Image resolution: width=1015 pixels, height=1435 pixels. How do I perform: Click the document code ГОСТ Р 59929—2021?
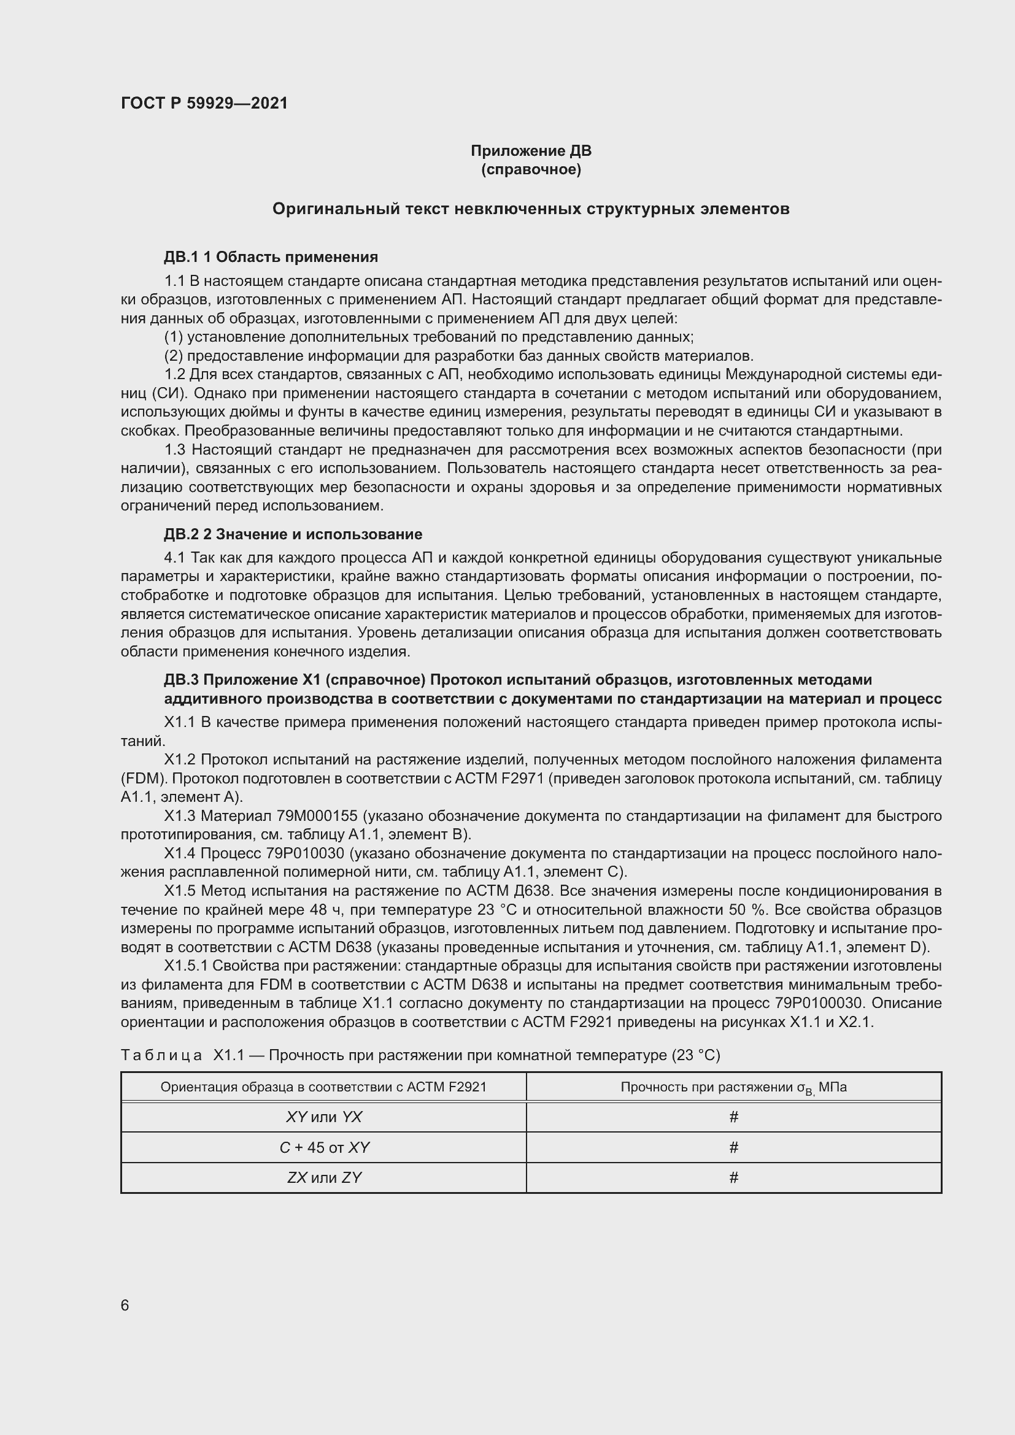click(x=204, y=104)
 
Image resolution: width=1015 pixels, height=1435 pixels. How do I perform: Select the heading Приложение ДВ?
click(x=531, y=151)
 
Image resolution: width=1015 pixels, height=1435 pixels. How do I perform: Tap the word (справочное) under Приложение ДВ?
click(x=531, y=170)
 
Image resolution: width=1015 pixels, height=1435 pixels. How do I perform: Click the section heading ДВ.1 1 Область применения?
click(x=271, y=257)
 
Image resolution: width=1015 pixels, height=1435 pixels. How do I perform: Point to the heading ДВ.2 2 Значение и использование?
click(x=293, y=534)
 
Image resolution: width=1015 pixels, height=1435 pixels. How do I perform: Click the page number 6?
click(x=125, y=1305)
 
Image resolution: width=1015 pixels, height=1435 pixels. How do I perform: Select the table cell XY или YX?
click(x=323, y=1117)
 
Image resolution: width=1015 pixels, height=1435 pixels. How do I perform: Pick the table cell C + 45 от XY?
click(x=323, y=1147)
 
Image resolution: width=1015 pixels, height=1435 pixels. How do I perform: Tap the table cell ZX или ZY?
click(x=323, y=1177)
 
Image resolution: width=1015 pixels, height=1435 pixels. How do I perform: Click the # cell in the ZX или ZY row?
click(x=734, y=1177)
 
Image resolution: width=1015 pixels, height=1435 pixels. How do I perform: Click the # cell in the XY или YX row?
click(x=734, y=1117)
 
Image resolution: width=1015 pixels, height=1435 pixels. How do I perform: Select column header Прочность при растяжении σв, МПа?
click(x=734, y=1087)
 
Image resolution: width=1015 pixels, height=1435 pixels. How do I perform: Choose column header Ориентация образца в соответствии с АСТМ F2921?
click(x=323, y=1087)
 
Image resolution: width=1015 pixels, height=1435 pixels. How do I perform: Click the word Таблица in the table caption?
click(x=161, y=1056)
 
